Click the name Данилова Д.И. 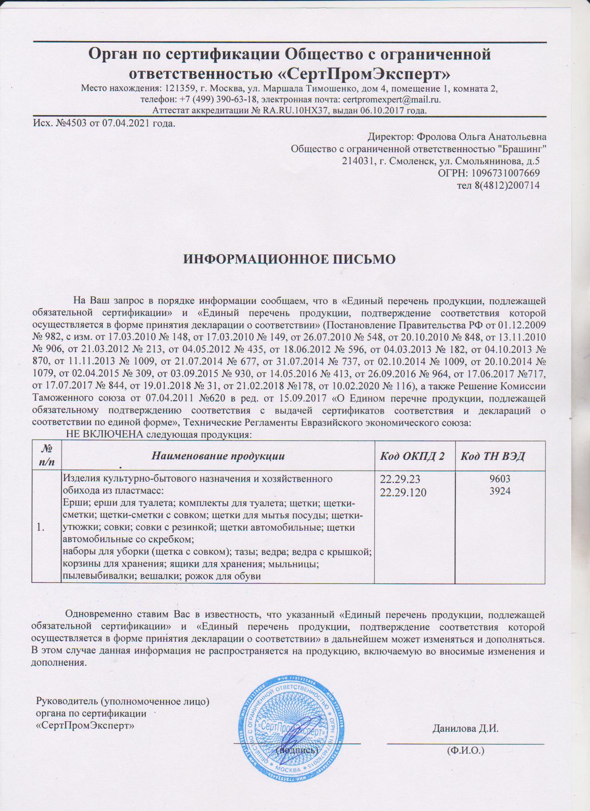(x=465, y=729)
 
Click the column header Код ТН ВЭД (x=492, y=456)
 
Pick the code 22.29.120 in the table (x=403, y=493)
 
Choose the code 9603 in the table (x=500, y=479)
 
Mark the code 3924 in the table (x=500, y=491)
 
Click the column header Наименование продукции (x=218, y=456)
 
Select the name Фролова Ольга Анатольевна (x=481, y=137)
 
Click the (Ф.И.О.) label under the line (x=465, y=750)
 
